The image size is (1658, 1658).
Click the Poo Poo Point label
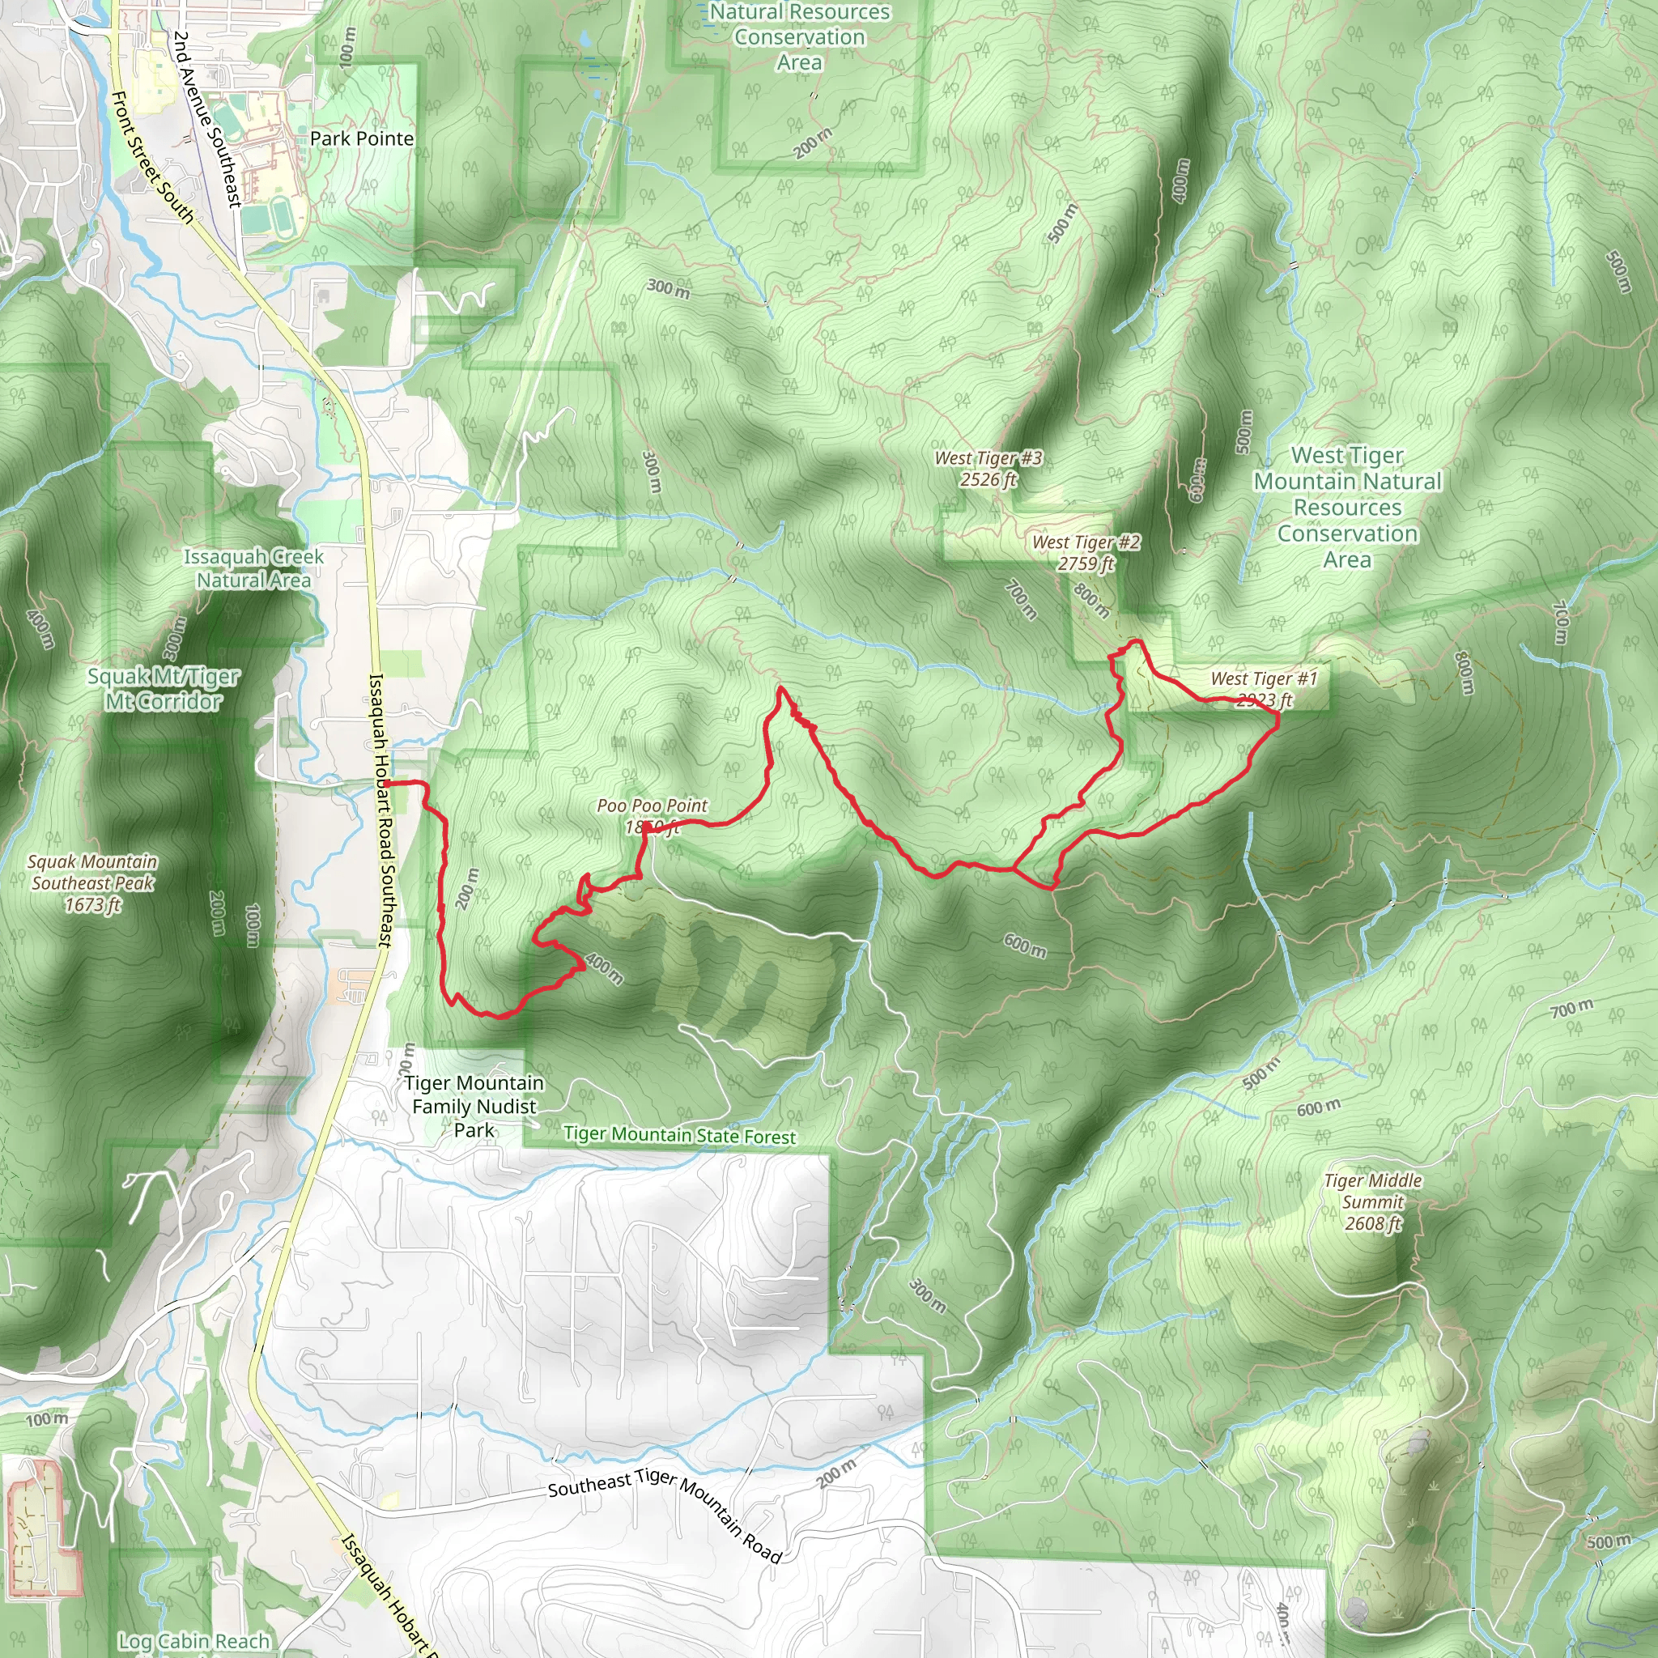click(x=652, y=806)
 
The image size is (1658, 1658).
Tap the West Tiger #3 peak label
click(x=988, y=458)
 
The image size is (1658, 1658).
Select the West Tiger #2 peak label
click(x=1086, y=542)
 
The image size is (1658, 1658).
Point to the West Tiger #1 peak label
click(x=1263, y=678)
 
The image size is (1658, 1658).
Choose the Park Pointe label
click(x=361, y=139)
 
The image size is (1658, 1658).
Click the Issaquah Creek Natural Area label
click(x=254, y=568)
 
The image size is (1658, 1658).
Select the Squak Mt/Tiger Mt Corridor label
click(x=163, y=689)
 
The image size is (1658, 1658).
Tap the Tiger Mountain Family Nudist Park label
click(x=474, y=1106)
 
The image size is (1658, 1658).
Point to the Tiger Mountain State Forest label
click(x=680, y=1134)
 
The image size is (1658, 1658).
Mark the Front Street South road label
click(x=153, y=158)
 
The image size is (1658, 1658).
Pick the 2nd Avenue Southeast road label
click(x=206, y=119)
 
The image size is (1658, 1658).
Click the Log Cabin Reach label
click(x=194, y=1641)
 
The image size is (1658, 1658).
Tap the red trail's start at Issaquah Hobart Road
click(x=387, y=784)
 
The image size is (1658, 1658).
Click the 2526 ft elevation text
click(x=988, y=480)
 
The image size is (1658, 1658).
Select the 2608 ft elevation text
click(x=1372, y=1223)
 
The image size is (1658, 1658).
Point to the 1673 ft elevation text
click(x=92, y=904)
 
